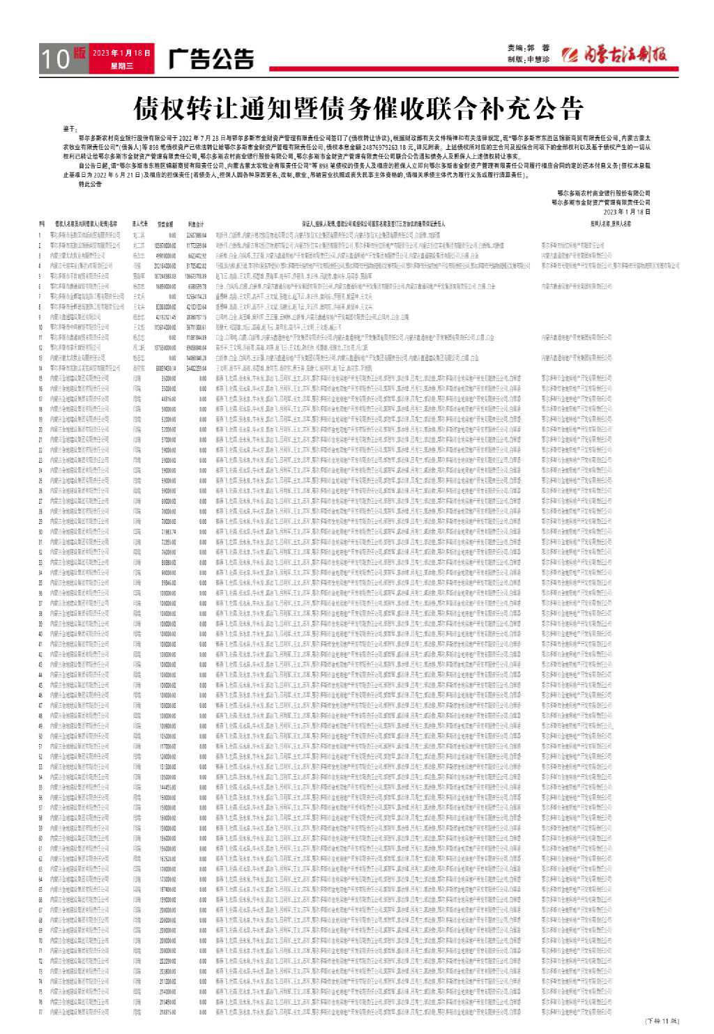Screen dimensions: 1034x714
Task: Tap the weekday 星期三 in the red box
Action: pyautogui.click(x=121, y=66)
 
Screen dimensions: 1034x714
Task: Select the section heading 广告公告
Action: pyautogui.click(x=211, y=59)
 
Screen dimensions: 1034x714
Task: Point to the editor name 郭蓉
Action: pyautogui.click(x=537, y=48)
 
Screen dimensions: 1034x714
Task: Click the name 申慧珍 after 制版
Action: pyautogui.click(x=538, y=60)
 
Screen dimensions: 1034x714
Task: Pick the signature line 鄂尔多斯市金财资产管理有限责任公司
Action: pyautogui.click(x=600, y=201)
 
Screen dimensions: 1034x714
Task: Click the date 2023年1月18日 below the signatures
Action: pyautogui.click(x=625, y=210)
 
